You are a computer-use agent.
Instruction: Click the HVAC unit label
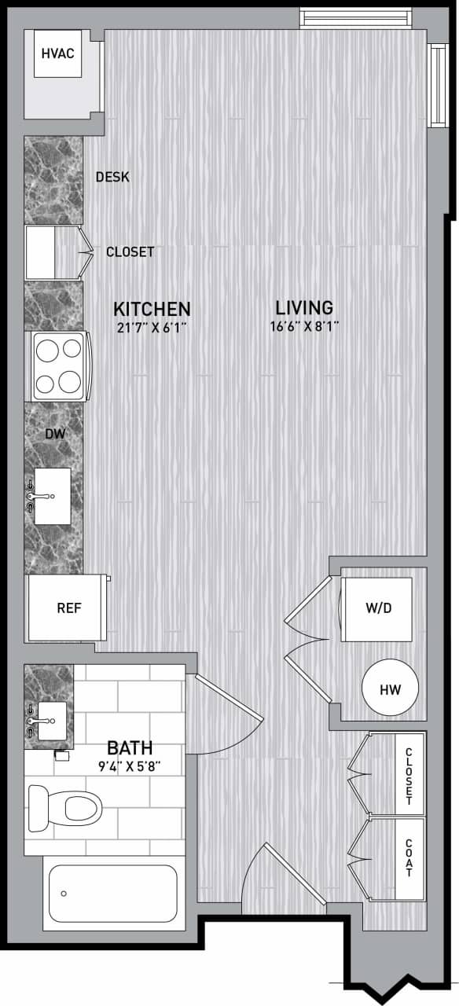coord(58,53)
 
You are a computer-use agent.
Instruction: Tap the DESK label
coord(112,177)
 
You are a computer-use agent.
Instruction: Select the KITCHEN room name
coord(152,308)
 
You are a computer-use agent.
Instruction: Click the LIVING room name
coord(304,307)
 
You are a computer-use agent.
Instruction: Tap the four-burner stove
coord(60,366)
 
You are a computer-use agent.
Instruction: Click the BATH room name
coord(130,747)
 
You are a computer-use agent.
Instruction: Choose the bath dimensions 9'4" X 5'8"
coord(130,765)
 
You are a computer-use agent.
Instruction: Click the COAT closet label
coord(409,857)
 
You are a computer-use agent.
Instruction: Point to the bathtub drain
coord(64,893)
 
